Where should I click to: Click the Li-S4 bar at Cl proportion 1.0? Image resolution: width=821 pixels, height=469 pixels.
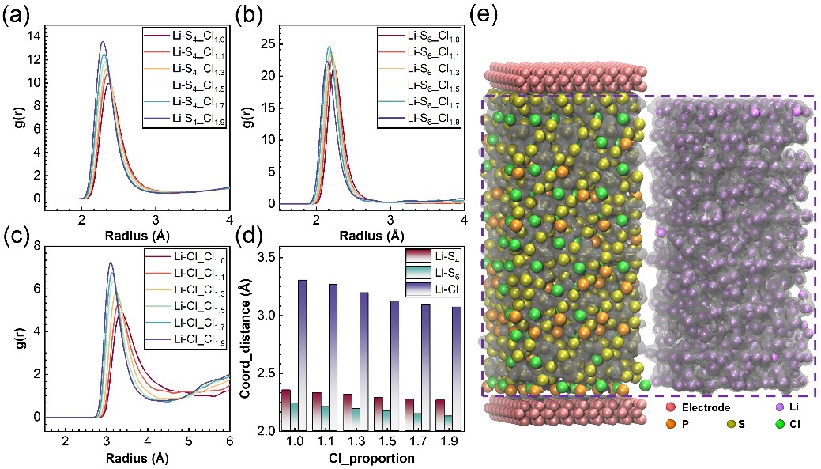(x=286, y=409)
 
